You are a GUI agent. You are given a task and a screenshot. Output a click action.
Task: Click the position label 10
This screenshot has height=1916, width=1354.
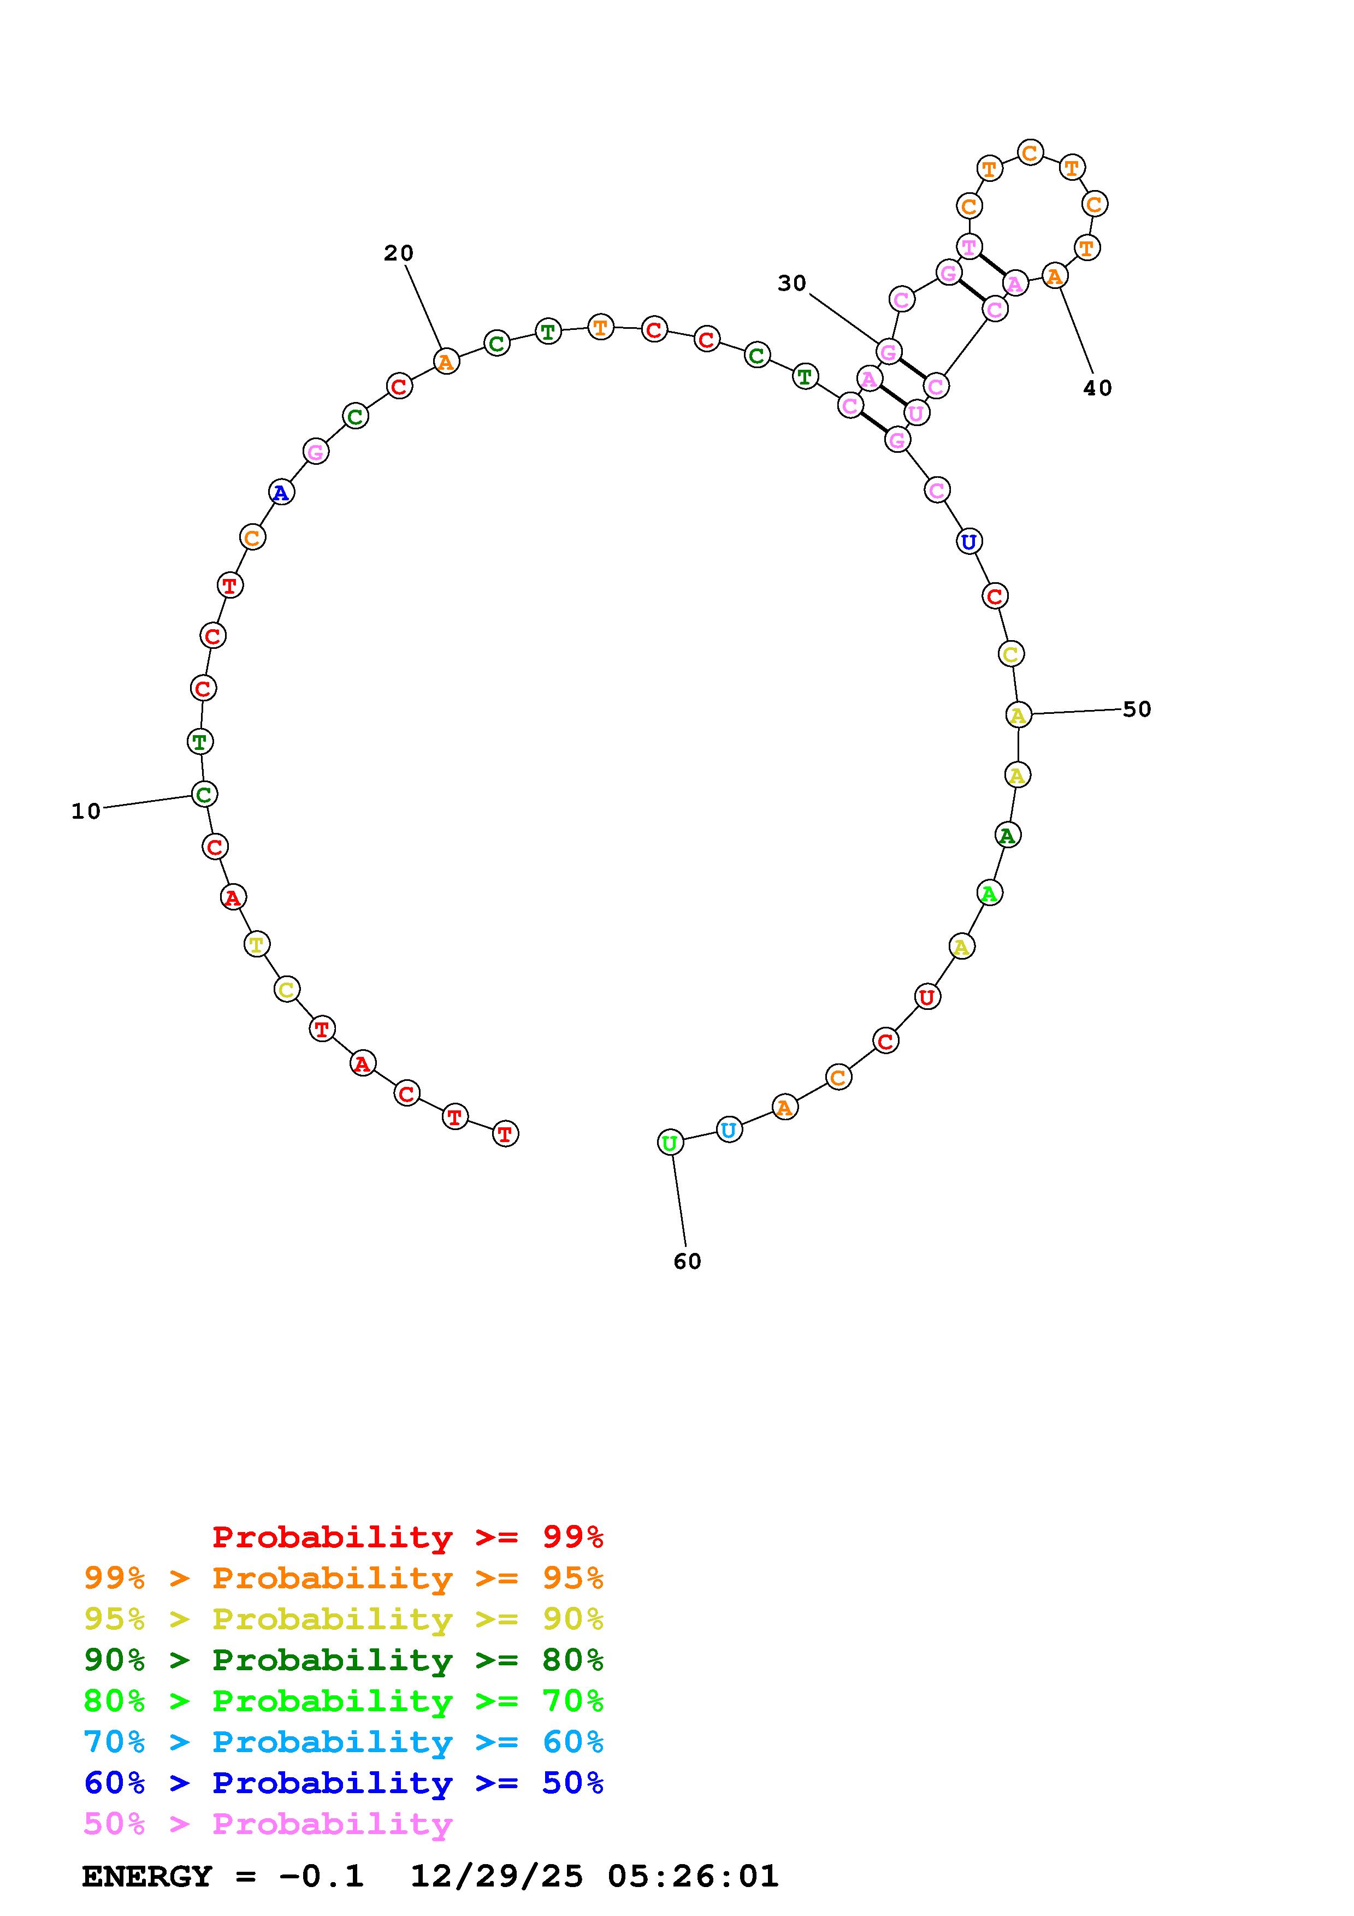point(86,811)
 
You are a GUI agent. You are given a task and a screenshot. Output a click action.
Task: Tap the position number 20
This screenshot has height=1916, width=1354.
point(399,253)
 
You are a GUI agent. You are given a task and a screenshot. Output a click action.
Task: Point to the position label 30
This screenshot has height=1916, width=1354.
point(792,283)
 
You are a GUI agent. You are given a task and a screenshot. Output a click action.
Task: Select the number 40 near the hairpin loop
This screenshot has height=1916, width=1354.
point(1098,388)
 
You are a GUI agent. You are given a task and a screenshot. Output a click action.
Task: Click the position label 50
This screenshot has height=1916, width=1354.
point(1137,709)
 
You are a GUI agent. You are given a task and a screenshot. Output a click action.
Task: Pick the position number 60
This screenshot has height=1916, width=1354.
point(688,1262)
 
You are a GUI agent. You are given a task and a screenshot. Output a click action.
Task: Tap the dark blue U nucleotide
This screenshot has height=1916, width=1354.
point(968,542)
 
